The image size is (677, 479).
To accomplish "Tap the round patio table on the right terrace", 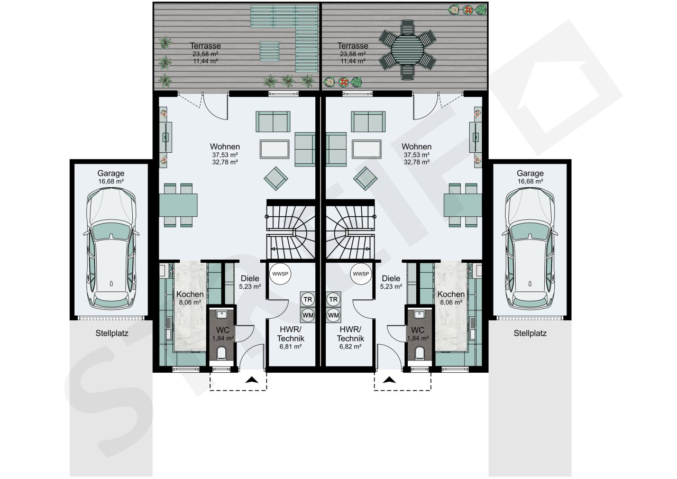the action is (x=407, y=50).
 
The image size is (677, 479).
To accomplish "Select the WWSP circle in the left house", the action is (x=280, y=274).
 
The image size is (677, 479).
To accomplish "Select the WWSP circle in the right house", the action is (x=361, y=274).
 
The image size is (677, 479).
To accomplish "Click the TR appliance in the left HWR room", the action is (x=308, y=299).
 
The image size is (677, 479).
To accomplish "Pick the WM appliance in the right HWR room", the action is (x=333, y=315).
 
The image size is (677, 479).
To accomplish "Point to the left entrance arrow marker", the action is (x=252, y=380).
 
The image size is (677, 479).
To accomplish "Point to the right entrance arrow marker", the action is (x=389, y=380).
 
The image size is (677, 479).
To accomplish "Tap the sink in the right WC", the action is (x=419, y=315).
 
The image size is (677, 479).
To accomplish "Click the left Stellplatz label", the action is (x=112, y=334).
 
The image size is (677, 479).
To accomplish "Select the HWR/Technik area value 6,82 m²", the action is (x=350, y=347).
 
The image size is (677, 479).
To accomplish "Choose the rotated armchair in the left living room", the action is (x=276, y=179).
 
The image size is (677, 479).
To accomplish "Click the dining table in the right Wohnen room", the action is (x=463, y=205).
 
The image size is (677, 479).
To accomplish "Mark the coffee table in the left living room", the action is (x=275, y=149).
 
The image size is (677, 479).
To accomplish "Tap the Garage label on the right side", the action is (x=530, y=173).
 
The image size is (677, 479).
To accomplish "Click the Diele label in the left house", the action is (x=250, y=279).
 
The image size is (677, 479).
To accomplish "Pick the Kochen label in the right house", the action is (x=451, y=294).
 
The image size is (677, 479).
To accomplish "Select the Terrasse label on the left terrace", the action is (x=206, y=46).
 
